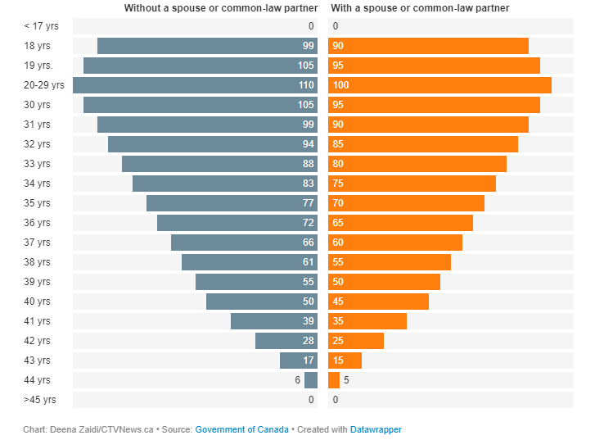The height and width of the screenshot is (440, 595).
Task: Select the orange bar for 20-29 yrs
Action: point(439,85)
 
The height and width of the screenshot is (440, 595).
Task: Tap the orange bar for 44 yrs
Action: point(334,380)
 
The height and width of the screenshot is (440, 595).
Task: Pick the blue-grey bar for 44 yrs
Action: point(311,380)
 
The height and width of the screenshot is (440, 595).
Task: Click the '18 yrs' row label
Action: point(37,46)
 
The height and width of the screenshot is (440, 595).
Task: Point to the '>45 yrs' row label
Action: point(40,400)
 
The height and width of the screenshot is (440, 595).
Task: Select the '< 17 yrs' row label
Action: point(42,26)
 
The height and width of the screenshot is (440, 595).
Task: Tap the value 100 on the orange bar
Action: point(341,85)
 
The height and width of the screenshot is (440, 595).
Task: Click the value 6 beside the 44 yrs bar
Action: point(298,380)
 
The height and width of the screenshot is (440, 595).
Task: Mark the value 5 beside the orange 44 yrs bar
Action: point(346,380)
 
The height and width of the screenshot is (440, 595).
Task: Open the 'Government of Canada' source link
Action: point(241,429)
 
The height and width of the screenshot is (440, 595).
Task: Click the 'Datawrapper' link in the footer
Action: point(376,429)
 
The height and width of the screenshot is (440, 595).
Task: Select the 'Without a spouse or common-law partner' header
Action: point(220,8)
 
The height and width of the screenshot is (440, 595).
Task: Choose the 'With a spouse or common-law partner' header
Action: point(420,8)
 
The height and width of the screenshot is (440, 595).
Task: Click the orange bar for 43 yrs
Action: point(345,361)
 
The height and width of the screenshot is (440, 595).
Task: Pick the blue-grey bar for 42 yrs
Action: point(286,341)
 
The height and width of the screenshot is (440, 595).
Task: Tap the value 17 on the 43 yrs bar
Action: point(309,361)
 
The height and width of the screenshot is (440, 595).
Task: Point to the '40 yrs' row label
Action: point(37,302)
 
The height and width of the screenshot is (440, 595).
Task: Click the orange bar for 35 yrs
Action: point(406,203)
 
